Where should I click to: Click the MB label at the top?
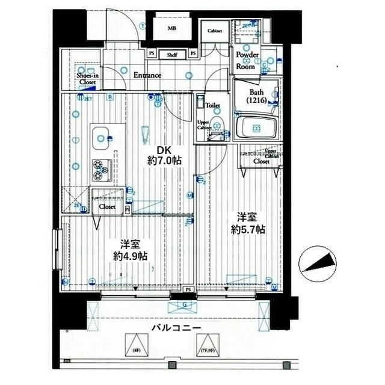[x=172, y=28]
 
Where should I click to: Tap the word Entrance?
[x=147, y=75]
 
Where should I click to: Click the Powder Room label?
[x=247, y=61]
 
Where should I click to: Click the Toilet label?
[x=212, y=105]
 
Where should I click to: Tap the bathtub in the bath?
[x=256, y=128]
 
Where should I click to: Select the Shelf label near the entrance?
[x=171, y=54]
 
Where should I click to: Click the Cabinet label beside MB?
[x=215, y=31]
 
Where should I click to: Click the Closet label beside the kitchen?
[x=107, y=206]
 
